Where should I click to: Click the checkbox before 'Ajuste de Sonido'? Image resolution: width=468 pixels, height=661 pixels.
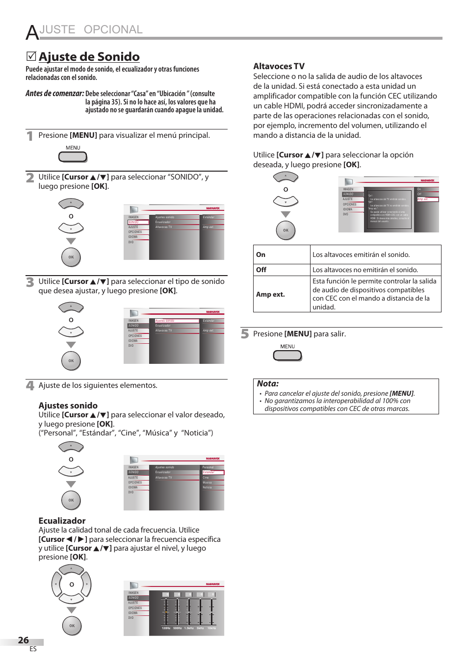pyautogui.click(x=31, y=57)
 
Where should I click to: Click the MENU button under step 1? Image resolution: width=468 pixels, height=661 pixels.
pyautogui.click(x=73, y=157)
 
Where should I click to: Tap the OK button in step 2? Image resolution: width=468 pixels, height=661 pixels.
pyautogui.click(x=71, y=257)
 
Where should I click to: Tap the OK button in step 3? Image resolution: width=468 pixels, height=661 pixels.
pyautogui.click(x=71, y=361)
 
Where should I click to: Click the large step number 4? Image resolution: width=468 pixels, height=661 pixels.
pyautogui.click(x=30, y=385)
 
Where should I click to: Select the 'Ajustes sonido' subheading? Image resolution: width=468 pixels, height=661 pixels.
pyautogui.click(x=68, y=406)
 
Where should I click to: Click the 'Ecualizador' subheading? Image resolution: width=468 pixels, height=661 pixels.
pyautogui.click(x=62, y=521)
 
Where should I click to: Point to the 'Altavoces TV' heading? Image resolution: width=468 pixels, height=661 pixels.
pyautogui.click(x=279, y=66)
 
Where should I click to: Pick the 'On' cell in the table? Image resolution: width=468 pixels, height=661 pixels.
pyautogui.click(x=261, y=254)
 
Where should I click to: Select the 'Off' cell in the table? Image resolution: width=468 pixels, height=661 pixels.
pyautogui.click(x=261, y=270)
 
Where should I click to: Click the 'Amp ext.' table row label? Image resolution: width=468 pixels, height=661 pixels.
pyautogui.click(x=270, y=294)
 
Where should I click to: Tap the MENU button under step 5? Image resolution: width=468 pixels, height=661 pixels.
pyautogui.click(x=287, y=356)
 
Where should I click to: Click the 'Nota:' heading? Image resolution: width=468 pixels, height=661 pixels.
pyautogui.click(x=268, y=384)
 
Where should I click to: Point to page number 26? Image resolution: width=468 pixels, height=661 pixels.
pyautogui.click(x=24, y=640)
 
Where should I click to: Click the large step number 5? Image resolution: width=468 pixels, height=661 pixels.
pyautogui.click(x=245, y=334)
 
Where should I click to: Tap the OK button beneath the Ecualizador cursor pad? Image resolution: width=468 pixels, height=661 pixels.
pyautogui.click(x=72, y=626)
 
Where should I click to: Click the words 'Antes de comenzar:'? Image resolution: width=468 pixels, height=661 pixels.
pyautogui.click(x=54, y=93)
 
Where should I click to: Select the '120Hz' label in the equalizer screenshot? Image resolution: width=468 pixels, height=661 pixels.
pyautogui.click(x=166, y=628)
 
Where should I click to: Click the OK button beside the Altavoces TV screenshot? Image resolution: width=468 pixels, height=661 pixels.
pyautogui.click(x=286, y=230)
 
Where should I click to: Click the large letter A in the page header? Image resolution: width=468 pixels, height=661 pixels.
pyautogui.click(x=32, y=32)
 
